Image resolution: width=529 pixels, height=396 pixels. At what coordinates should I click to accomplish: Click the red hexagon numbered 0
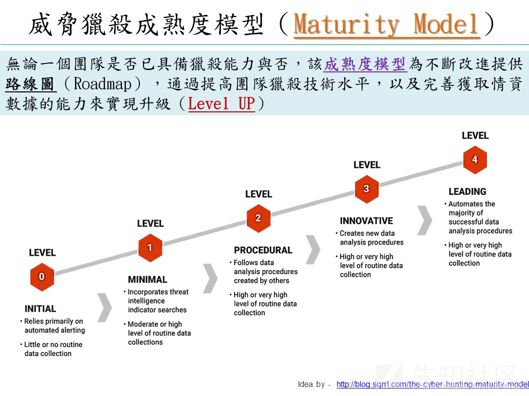tap(41, 277)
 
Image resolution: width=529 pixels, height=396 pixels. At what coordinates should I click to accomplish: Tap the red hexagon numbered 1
tap(150, 247)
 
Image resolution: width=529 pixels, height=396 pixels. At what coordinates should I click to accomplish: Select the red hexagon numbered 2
tap(258, 218)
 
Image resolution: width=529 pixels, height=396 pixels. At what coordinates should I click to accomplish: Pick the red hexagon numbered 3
tap(367, 189)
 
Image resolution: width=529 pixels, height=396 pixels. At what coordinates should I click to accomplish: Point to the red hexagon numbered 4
tap(475, 160)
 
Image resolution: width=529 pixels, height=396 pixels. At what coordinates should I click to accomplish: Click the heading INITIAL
tap(40, 309)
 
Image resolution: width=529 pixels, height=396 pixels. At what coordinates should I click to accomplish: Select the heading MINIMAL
tap(147, 280)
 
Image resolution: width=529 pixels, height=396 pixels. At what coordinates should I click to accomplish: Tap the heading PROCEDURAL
tap(263, 250)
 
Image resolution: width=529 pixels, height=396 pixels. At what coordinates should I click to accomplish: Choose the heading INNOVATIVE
tap(367, 221)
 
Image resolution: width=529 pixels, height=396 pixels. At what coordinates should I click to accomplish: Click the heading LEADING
tap(467, 191)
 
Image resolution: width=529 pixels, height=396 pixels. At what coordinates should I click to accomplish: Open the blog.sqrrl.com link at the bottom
tap(432, 384)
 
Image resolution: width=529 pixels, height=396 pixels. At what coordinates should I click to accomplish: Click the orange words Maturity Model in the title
tap(387, 24)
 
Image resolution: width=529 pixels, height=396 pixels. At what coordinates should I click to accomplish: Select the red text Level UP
tap(221, 104)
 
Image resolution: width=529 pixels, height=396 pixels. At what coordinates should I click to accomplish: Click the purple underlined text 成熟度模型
tap(365, 64)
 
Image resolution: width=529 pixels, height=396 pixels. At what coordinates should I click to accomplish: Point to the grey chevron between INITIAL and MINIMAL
tap(104, 307)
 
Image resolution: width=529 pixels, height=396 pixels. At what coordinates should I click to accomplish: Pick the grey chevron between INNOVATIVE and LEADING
tap(425, 220)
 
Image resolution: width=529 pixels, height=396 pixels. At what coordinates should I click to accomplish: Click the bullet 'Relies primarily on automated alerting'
tap(54, 326)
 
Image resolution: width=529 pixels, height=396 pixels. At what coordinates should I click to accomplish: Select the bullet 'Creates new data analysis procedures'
tap(371, 238)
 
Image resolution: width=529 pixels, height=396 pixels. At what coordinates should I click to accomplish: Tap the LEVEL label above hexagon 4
tap(475, 135)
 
